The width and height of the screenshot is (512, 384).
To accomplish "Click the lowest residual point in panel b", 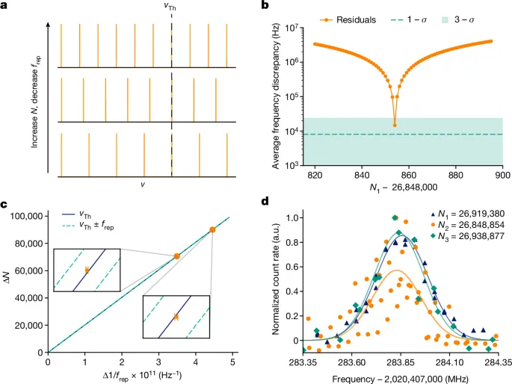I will [395, 124].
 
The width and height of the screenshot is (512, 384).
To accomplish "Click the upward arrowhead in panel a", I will [48, 23].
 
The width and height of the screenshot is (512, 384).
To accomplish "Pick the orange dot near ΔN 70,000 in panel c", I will [177, 256].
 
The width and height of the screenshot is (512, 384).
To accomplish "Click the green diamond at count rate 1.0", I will [395, 217].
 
